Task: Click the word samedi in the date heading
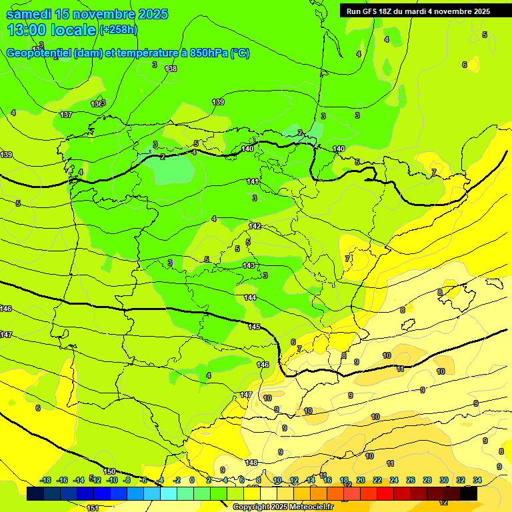point(31,14)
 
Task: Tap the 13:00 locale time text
point(51,30)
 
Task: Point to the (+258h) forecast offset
point(118,30)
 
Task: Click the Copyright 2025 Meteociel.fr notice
point(283,507)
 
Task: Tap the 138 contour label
point(171,69)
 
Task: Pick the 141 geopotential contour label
point(253,181)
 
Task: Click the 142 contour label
point(255,226)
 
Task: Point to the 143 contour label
point(249,265)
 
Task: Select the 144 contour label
point(250,297)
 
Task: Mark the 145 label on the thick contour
point(254,327)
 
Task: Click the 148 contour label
point(251,463)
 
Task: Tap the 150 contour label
point(109,471)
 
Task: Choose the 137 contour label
point(66,115)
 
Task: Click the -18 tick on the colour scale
point(46,480)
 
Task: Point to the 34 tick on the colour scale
point(477,480)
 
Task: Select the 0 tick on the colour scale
point(192,480)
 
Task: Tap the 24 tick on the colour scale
point(394,480)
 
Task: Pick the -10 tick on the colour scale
point(112,480)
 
